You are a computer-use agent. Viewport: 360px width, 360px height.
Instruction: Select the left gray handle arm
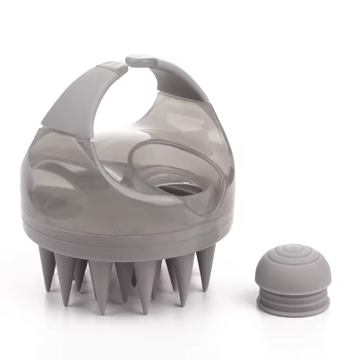tap(74, 97)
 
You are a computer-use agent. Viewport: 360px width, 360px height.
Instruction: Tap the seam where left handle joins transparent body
tap(67, 130)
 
